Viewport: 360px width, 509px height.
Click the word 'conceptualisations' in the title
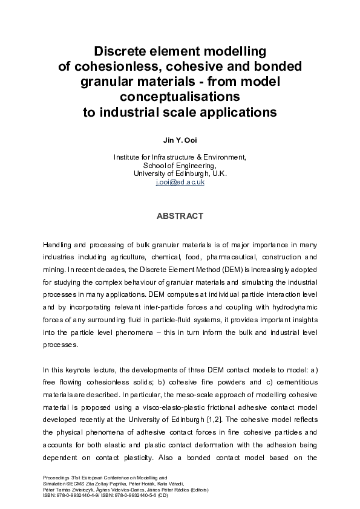[180, 97]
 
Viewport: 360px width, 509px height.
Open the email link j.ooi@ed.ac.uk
[180, 181]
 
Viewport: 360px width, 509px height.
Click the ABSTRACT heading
[180, 216]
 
